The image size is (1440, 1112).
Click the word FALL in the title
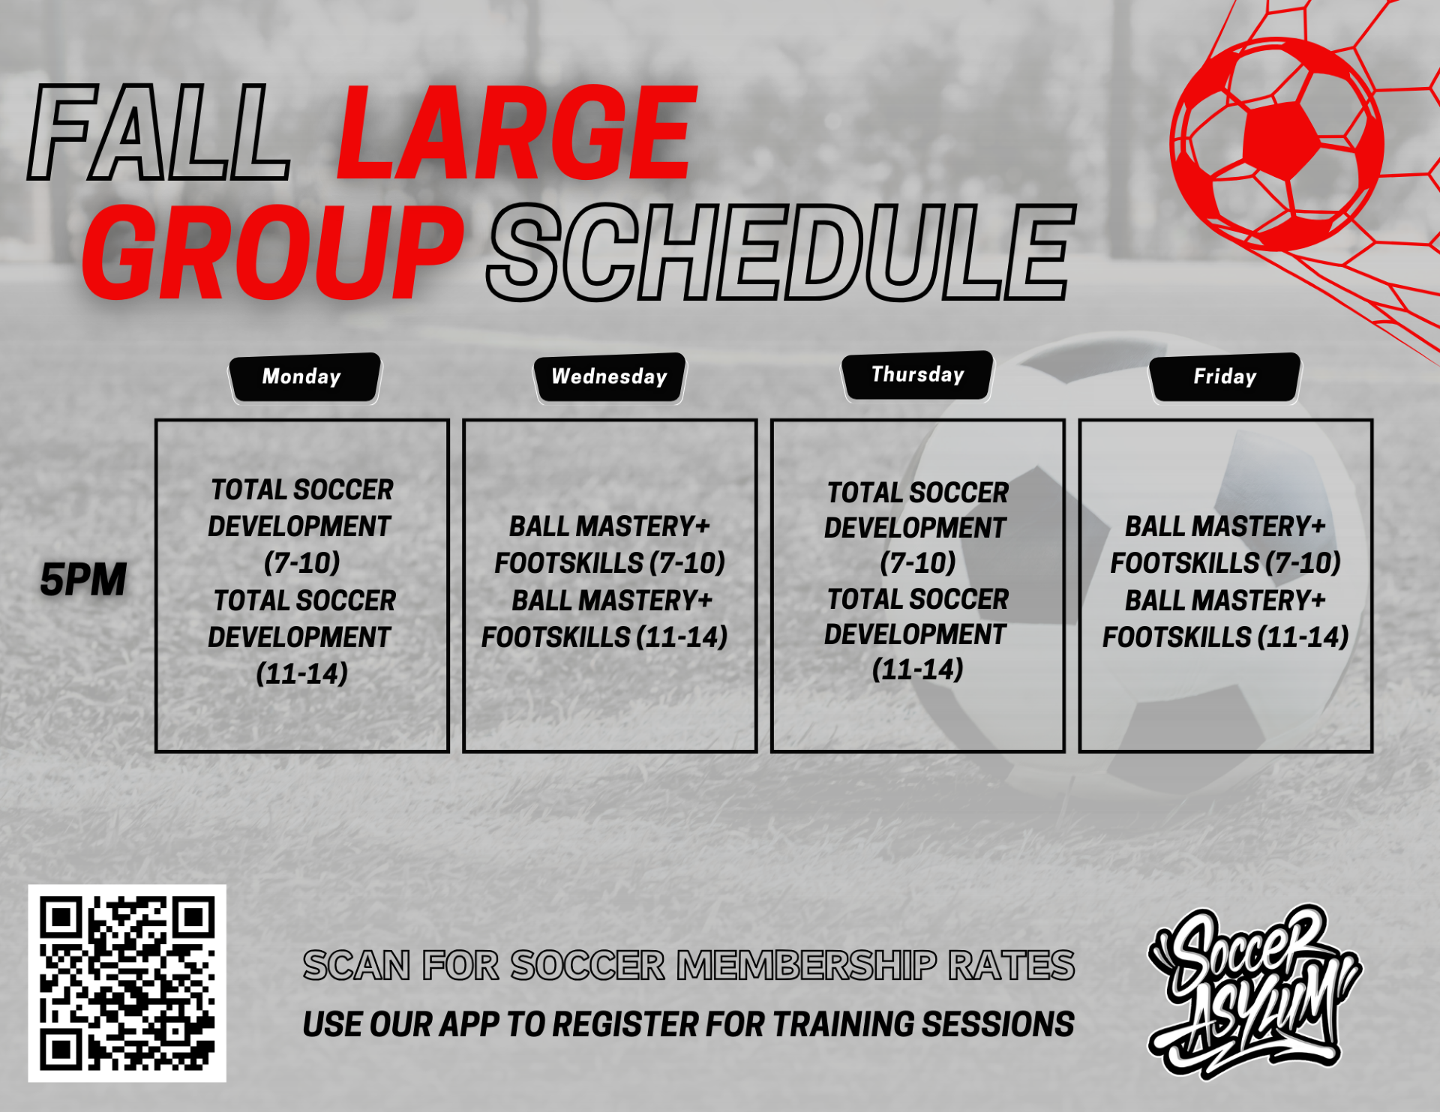[x=159, y=133]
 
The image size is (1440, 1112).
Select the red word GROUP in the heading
[x=273, y=252]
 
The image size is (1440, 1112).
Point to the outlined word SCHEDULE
[x=781, y=252]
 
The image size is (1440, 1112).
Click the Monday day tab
[x=304, y=377]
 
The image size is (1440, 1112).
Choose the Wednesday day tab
[x=609, y=377]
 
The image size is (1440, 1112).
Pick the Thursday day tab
[x=917, y=375]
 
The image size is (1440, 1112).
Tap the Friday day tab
[x=1225, y=377]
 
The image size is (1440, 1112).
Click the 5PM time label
[x=83, y=580]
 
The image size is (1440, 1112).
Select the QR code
[x=127, y=983]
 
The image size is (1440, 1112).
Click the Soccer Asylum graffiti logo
[x=1254, y=991]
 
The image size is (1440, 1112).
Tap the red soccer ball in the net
[x=1276, y=144]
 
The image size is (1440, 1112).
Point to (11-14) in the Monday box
[x=302, y=673]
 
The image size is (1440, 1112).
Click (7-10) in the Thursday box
[x=917, y=562]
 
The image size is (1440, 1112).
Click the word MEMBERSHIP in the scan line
[x=807, y=965]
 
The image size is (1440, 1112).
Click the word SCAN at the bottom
[x=357, y=965]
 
